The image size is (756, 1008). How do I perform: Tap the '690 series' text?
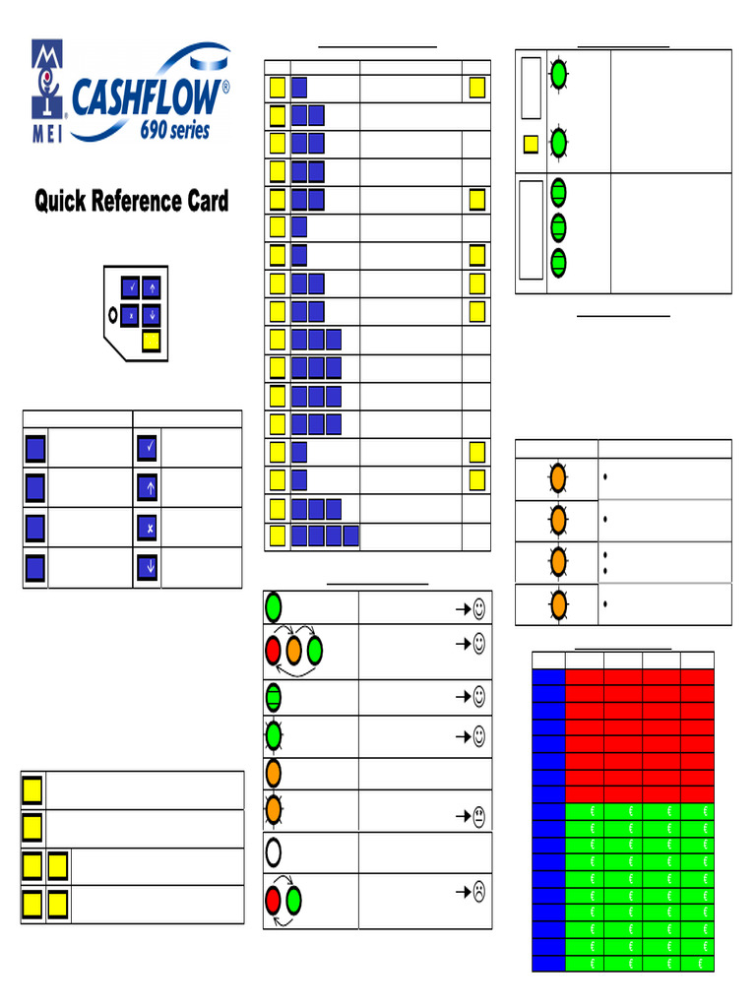point(174,130)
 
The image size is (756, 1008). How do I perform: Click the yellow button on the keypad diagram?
point(152,341)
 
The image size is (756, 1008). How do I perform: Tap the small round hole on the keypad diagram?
point(113,316)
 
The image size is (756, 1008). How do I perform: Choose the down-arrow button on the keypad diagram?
point(152,316)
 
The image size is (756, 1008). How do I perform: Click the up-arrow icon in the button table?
point(147,488)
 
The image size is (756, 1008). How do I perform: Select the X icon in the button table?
point(147,529)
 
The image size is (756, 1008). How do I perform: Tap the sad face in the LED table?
point(477,893)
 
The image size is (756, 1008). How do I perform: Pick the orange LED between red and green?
point(294,650)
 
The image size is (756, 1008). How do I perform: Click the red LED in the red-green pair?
point(274,900)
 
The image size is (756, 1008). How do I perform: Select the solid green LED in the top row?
point(274,607)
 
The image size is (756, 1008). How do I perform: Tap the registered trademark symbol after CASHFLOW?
point(226,87)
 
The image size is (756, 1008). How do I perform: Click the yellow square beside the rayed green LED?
point(531,144)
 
